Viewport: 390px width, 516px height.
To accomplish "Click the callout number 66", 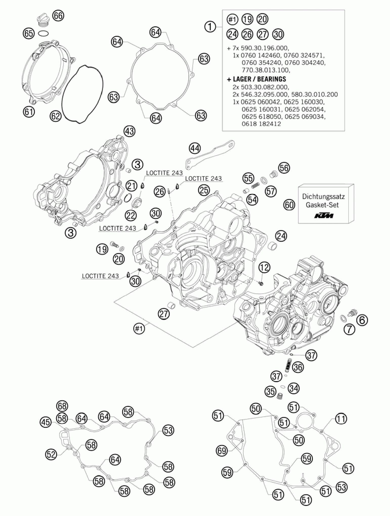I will click(58, 16).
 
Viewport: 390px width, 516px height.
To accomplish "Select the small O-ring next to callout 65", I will click(43, 33).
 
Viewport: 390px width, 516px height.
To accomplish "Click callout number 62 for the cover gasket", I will click(56, 116).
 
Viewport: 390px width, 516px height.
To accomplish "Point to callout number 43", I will click(129, 131).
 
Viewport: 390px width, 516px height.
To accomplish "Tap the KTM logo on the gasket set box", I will click(323, 215).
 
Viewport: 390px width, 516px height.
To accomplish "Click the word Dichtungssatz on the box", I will click(323, 196).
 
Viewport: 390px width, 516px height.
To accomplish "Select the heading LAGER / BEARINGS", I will click(257, 79).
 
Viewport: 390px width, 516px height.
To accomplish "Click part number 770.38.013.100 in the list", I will click(266, 70).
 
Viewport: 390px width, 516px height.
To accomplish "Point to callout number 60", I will click(289, 205).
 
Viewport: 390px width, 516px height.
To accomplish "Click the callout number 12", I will click(264, 267).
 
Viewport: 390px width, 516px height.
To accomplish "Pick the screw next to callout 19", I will click(114, 244).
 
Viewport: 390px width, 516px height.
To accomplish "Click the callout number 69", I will click(222, 450).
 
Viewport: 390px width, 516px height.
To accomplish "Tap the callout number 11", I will click(341, 419).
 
